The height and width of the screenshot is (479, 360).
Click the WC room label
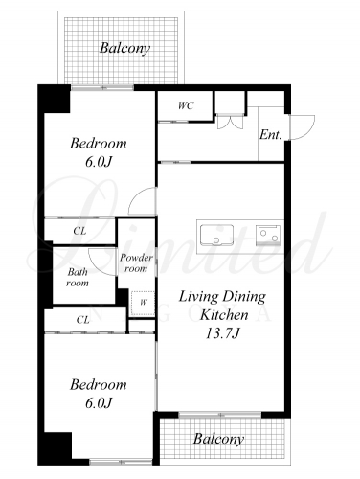[x=186, y=105]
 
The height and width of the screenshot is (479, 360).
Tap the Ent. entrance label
[x=271, y=134]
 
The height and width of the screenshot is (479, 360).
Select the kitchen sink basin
[x=216, y=235]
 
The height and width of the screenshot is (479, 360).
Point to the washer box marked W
[x=143, y=303]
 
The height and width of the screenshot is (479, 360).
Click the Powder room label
[x=136, y=262]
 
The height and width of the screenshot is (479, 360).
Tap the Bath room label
[x=78, y=277]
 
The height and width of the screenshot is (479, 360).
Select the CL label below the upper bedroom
[x=79, y=231]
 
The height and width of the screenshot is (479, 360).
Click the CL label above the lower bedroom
[x=82, y=319]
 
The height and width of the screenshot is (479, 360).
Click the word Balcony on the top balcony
[x=124, y=48]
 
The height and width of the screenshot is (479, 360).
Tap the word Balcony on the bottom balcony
[x=218, y=439]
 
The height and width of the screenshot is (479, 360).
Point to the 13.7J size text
[x=222, y=333]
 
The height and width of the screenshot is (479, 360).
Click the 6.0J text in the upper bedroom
[x=99, y=162]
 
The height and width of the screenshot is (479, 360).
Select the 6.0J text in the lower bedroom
[x=99, y=403]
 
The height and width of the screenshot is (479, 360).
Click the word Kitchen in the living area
[x=224, y=315]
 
